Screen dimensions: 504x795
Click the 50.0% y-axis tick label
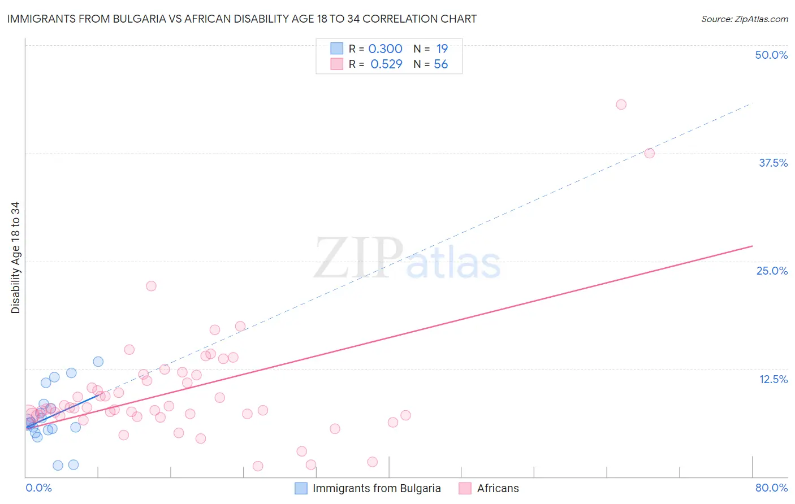pos(771,55)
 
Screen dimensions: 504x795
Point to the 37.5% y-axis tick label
pos(773,163)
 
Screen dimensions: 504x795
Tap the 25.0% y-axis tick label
pos(772,271)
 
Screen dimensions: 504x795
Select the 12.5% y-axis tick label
pos(773,379)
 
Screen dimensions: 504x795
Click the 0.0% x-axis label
pos(38,488)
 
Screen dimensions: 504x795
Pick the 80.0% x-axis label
pos(771,488)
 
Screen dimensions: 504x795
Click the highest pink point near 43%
pos(621,105)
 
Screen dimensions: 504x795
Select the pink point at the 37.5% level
pos(649,153)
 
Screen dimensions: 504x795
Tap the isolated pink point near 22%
pos(151,286)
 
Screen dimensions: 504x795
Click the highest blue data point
pos(98,362)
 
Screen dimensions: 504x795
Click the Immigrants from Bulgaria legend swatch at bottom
pos(301,488)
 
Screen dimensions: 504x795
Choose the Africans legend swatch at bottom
pos(465,488)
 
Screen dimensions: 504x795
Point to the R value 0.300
pos(385,49)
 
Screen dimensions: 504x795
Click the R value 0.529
pos(386,64)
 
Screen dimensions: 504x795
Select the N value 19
pos(442,49)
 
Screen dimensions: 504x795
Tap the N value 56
pos(440,64)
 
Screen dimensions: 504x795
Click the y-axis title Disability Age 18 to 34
pos(15,258)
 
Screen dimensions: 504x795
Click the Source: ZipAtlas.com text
pos(744,19)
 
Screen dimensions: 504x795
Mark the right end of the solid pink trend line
pos(752,246)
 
